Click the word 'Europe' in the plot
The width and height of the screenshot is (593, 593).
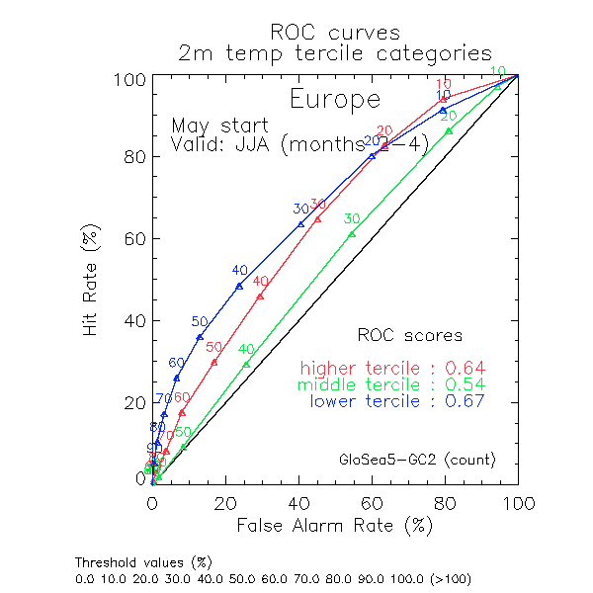[334, 100]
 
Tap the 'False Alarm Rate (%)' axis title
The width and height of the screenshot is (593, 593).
[334, 526]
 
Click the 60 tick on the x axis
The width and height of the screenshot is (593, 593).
[372, 504]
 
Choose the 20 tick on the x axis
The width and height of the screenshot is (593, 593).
[224, 504]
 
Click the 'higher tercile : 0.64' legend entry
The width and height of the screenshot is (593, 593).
[397, 368]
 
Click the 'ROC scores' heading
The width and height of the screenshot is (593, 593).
[409, 336]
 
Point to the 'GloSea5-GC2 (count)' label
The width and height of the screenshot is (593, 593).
[416, 461]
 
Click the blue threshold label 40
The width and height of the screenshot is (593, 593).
[239, 270]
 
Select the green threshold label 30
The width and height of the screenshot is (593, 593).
[351, 218]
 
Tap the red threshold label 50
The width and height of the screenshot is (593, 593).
[213, 347]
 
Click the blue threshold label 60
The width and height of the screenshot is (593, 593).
[176, 363]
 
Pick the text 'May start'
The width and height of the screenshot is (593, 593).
[219, 127]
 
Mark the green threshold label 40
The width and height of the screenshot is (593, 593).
[246, 349]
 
